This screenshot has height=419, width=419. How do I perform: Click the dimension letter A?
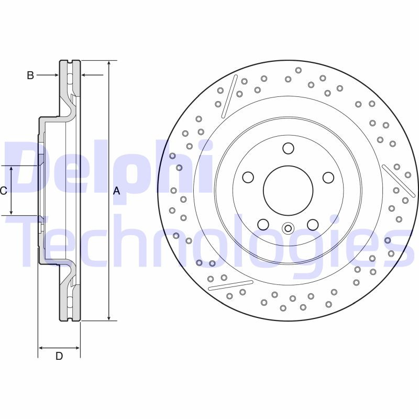[116, 191]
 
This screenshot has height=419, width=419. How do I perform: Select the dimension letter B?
[30, 75]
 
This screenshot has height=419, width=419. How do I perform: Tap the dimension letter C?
[4, 191]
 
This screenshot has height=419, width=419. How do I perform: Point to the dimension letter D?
[59, 356]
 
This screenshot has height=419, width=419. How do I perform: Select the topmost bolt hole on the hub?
[288, 149]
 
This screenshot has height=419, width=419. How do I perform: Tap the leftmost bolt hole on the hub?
[248, 178]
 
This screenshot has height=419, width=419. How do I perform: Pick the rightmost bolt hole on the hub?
[328, 178]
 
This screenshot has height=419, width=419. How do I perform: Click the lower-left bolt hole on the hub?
[263, 225]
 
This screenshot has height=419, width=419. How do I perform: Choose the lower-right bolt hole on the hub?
[313, 225]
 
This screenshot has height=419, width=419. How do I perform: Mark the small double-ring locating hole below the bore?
[288, 228]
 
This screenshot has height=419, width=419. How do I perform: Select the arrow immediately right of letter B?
[53, 75]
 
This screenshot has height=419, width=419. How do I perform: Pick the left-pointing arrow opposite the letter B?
[87, 75]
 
